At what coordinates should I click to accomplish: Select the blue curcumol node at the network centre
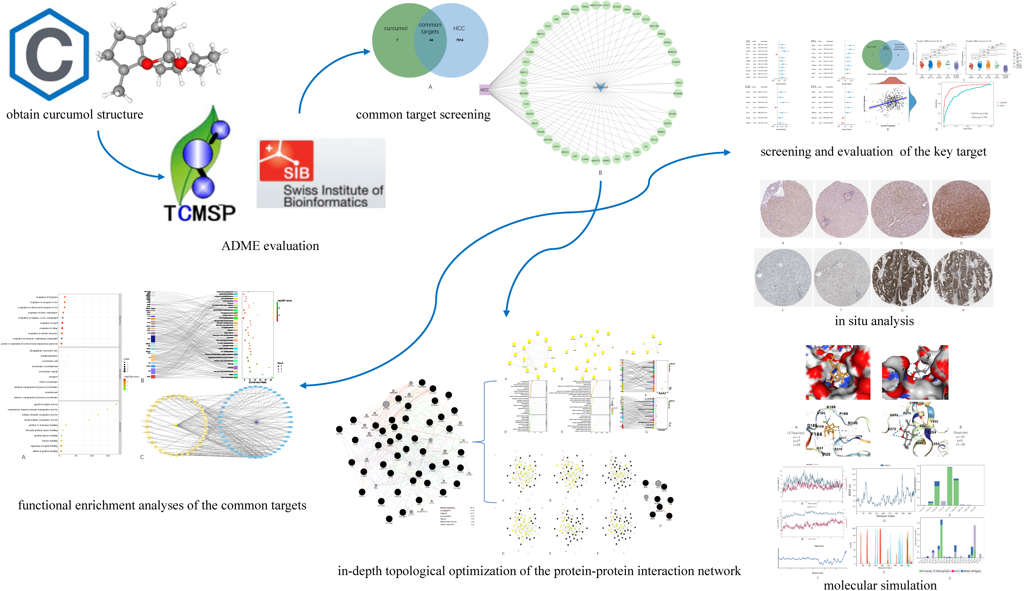pos(600,87)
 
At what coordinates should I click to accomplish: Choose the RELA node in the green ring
pos(534,123)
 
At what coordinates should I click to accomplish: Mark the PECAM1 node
pos(524,93)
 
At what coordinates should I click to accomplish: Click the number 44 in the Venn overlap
pos(431,40)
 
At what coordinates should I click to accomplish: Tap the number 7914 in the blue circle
pos(460,40)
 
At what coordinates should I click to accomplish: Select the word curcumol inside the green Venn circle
pos(396,28)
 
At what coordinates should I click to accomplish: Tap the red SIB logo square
pos(287,161)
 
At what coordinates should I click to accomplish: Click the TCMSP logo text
pos(200,213)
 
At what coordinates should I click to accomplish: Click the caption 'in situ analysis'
pos(874,321)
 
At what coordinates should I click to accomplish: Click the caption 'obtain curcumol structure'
pos(75,114)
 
